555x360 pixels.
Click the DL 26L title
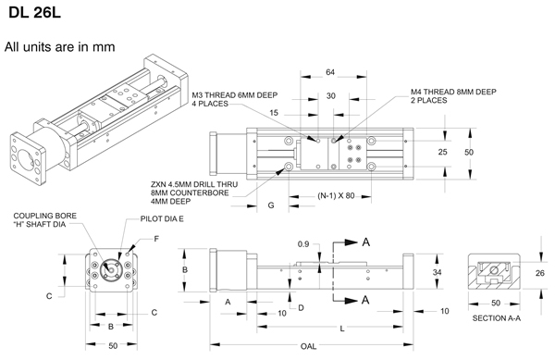pos(35,12)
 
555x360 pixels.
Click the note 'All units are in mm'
pos(60,46)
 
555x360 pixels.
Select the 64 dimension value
pos(330,72)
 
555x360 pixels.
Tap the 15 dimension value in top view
pos(274,113)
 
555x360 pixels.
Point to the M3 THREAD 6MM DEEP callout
pos(235,99)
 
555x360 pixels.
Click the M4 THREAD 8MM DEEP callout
pos(453,96)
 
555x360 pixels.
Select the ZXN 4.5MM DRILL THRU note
pos(194,192)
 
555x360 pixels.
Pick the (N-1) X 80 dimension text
pos(336,196)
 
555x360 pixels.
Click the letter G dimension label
pos(271,205)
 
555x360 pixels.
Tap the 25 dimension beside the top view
pos(442,152)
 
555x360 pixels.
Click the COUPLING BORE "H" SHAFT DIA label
pos(45,220)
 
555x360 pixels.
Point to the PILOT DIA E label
pos(162,218)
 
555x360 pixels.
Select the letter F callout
pos(156,239)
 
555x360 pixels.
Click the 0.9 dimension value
pos(303,244)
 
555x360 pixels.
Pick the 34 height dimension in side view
pos(438,273)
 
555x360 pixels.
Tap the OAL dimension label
pos(308,346)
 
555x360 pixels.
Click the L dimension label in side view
pos(342,329)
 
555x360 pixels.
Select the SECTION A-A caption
pos(496,318)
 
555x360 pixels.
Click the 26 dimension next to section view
pos(540,273)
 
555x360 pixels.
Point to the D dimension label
pos(301,308)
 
